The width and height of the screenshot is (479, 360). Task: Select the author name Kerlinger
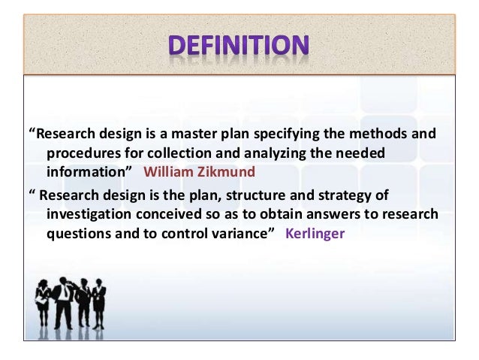(315, 232)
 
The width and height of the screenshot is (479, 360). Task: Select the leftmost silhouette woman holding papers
(44, 304)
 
